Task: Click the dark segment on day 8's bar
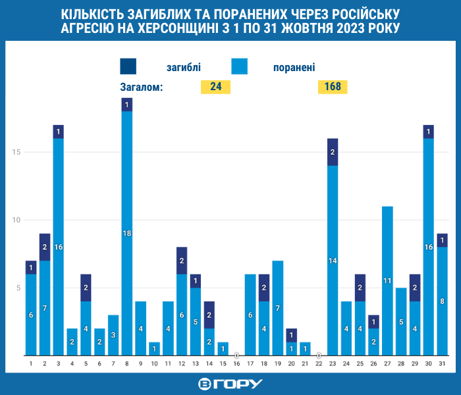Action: [x=127, y=105]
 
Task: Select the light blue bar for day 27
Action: [x=387, y=281]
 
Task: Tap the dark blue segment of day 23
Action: [x=333, y=152]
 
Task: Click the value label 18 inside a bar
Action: [x=127, y=233]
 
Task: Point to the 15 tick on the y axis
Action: [x=16, y=152]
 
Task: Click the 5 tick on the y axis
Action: [x=18, y=288]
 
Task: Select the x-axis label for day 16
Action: [x=236, y=364]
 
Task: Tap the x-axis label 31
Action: [x=442, y=364]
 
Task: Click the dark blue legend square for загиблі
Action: [x=128, y=66]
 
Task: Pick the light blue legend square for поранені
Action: [x=239, y=66]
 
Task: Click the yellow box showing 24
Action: [x=215, y=87]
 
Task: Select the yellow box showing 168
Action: [x=333, y=87]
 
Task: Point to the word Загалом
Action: [x=142, y=88]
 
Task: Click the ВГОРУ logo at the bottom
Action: [x=230, y=384]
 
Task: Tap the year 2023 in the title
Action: [x=350, y=28]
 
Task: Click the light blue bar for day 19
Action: [x=278, y=308]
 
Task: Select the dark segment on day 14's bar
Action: [x=209, y=315]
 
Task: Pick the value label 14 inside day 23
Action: [x=333, y=261]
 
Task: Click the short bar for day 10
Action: [x=154, y=349]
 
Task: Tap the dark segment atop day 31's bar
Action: [x=442, y=240]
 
